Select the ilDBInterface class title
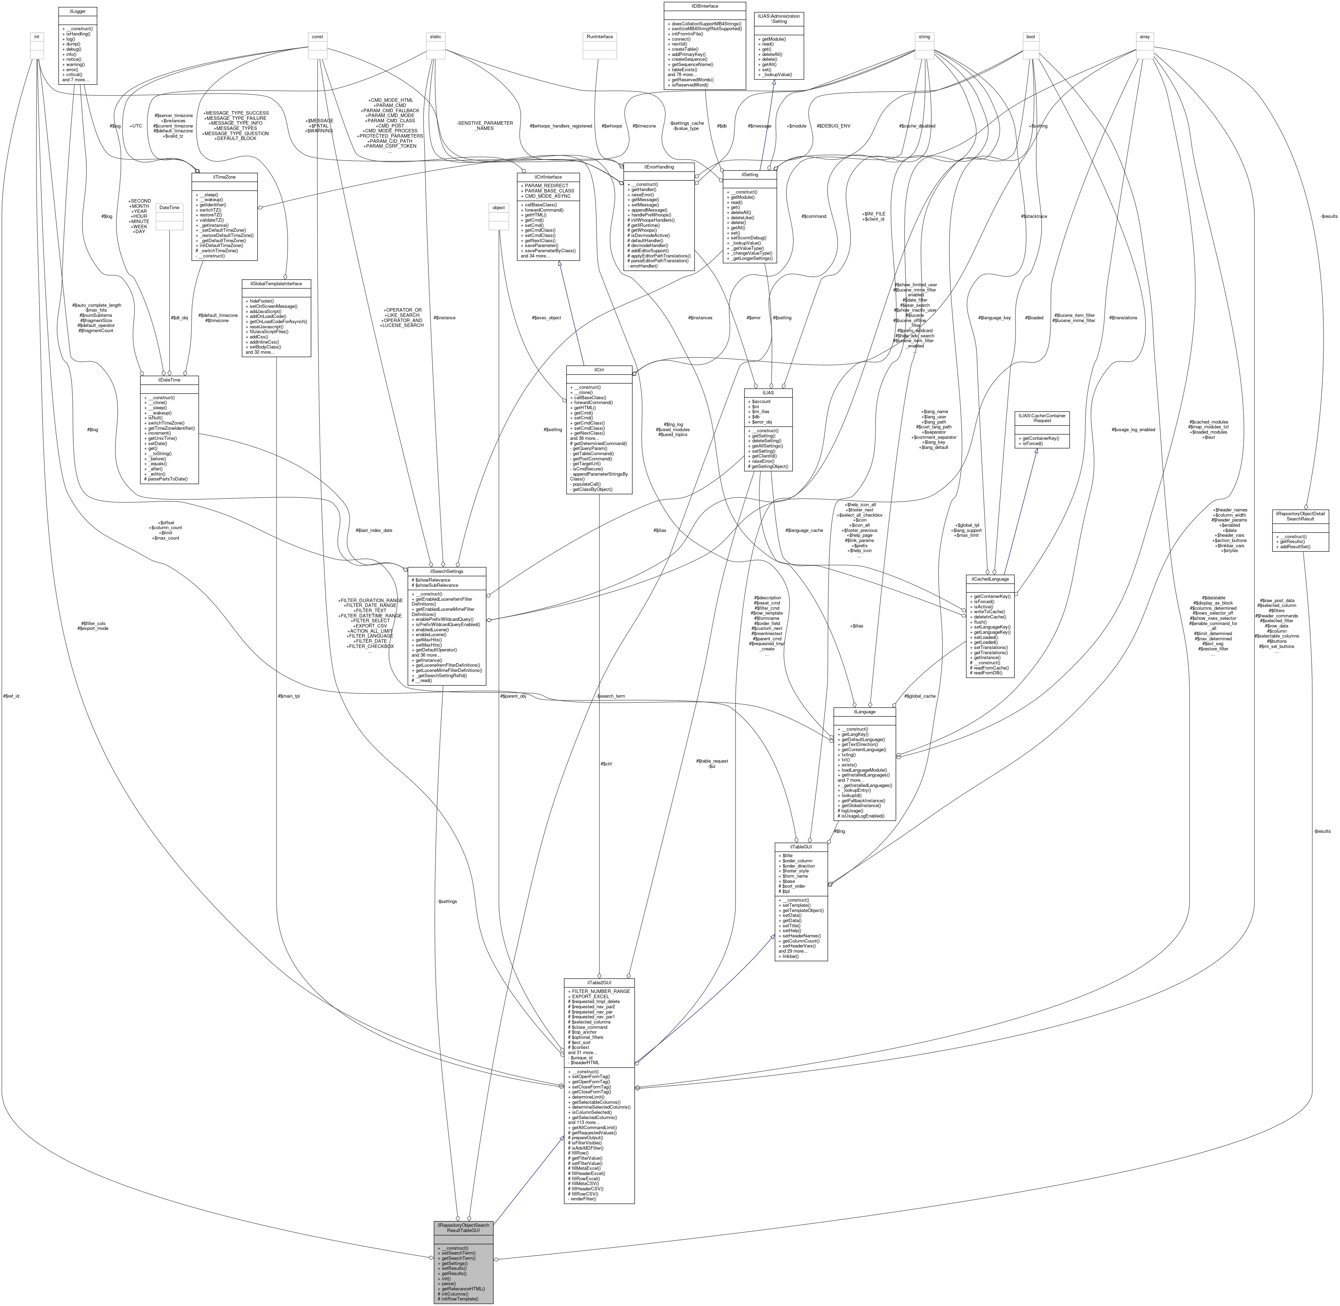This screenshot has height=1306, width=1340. [704, 6]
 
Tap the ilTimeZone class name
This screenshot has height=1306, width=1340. [224, 176]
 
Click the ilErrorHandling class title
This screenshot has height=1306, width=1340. [658, 167]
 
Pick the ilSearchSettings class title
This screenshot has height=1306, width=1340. [446, 571]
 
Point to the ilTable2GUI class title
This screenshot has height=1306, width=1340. [599, 982]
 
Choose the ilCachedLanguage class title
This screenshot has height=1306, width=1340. [989, 579]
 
